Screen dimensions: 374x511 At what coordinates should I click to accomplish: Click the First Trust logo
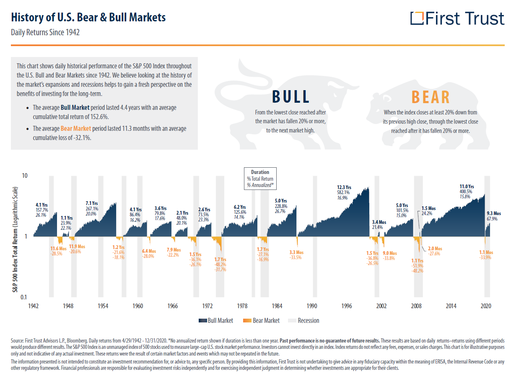click(x=457, y=19)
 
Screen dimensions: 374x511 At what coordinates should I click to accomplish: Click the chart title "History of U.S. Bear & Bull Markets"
click(x=88, y=17)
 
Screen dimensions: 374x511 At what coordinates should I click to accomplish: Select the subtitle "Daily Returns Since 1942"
click(x=45, y=32)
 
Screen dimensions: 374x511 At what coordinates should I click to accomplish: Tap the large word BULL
click(x=291, y=97)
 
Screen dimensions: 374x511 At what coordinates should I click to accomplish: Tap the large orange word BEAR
click(x=431, y=97)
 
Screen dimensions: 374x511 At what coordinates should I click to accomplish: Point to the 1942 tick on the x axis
click(x=33, y=306)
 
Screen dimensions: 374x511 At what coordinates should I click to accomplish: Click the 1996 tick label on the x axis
click(x=346, y=306)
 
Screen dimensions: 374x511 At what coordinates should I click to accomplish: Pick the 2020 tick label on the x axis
click(x=485, y=306)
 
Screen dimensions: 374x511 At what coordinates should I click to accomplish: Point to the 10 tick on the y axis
click(x=24, y=175)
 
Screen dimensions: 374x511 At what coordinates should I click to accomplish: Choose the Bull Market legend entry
click(x=216, y=321)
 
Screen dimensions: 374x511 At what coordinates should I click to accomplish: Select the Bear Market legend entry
click(x=262, y=321)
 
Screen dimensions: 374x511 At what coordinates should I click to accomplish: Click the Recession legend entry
click(x=303, y=321)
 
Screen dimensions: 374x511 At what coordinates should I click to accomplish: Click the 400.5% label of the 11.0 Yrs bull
click(x=466, y=192)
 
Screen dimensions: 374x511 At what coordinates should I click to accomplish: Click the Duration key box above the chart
click(x=260, y=179)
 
